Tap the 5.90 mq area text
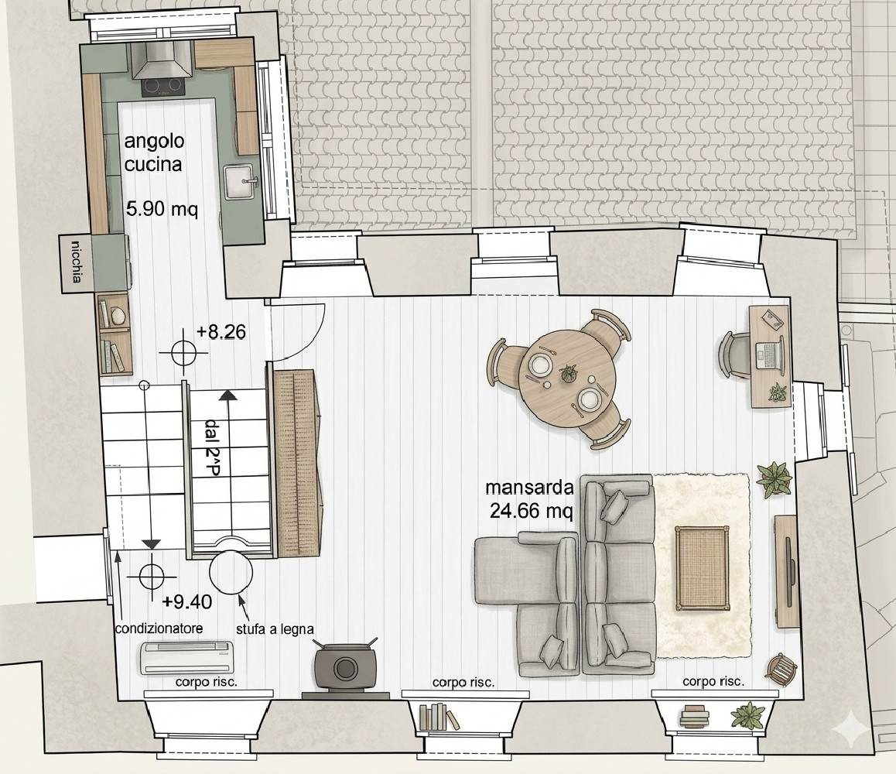[162, 209]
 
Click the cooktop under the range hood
[162, 87]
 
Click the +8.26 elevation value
[221, 331]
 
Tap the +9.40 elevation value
[186, 601]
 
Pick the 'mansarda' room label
[529, 488]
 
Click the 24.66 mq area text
[531, 510]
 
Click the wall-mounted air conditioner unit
[186, 657]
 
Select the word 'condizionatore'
[159, 628]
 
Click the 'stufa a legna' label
[275, 629]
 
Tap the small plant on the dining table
[568, 373]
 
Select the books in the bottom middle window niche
[438, 717]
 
